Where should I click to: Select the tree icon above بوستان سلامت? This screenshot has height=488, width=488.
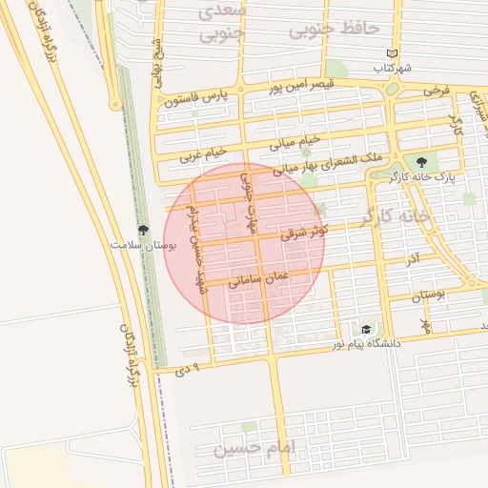click(x=143, y=230)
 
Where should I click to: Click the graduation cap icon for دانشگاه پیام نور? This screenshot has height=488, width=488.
click(x=366, y=329)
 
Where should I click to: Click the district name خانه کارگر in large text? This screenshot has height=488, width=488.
click(x=396, y=218)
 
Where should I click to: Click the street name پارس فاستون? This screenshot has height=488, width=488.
click(x=197, y=98)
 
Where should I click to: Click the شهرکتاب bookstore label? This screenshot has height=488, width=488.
click(x=393, y=69)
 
